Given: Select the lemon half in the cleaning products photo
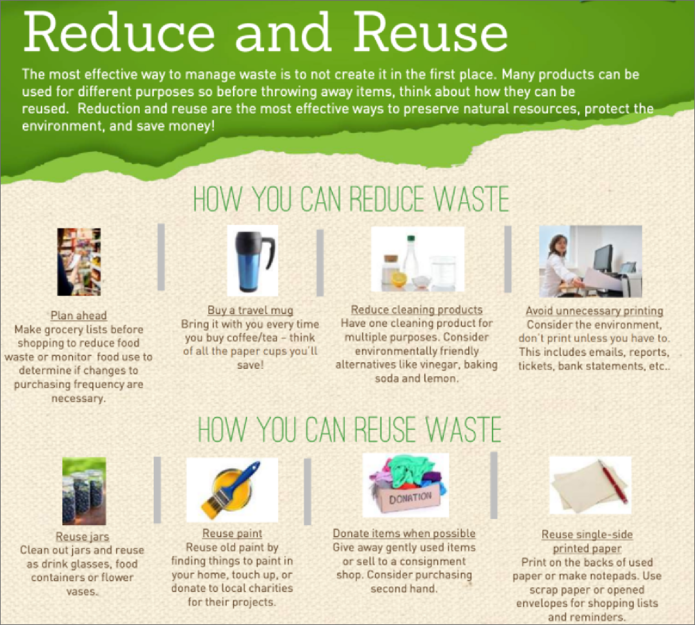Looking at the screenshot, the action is pos(399,280).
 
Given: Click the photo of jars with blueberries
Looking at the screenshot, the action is pos(84,491).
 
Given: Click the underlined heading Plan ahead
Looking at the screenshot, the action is pos(79,315).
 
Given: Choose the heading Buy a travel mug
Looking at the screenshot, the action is pos(251,310).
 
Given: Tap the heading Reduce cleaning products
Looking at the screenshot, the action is pos(417,310).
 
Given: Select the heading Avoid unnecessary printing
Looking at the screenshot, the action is pos(594,311).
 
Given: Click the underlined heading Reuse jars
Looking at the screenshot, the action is pos(82,536).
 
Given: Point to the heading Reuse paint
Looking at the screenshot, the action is pos(232,533).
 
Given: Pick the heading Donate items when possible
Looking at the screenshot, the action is pos(404,533).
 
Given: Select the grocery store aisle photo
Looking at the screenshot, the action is pos(79,262).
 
